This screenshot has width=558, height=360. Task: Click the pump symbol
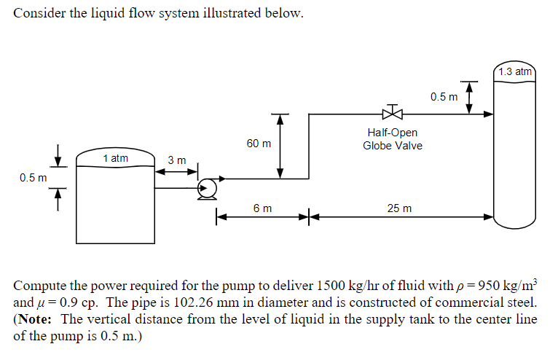tap(208, 188)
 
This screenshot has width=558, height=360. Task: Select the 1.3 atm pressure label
tap(515, 71)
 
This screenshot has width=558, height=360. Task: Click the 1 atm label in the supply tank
tap(115, 158)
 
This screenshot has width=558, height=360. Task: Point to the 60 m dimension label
tap(259, 144)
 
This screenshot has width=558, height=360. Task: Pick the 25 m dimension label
tap(399, 208)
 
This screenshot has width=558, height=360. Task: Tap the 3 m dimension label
tap(177, 160)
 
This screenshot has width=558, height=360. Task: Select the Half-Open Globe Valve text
tap(393, 139)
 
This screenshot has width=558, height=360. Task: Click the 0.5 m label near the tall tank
tap(444, 97)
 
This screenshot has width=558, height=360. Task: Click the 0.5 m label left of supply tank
tap(33, 177)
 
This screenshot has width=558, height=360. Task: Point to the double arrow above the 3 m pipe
tap(177, 172)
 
